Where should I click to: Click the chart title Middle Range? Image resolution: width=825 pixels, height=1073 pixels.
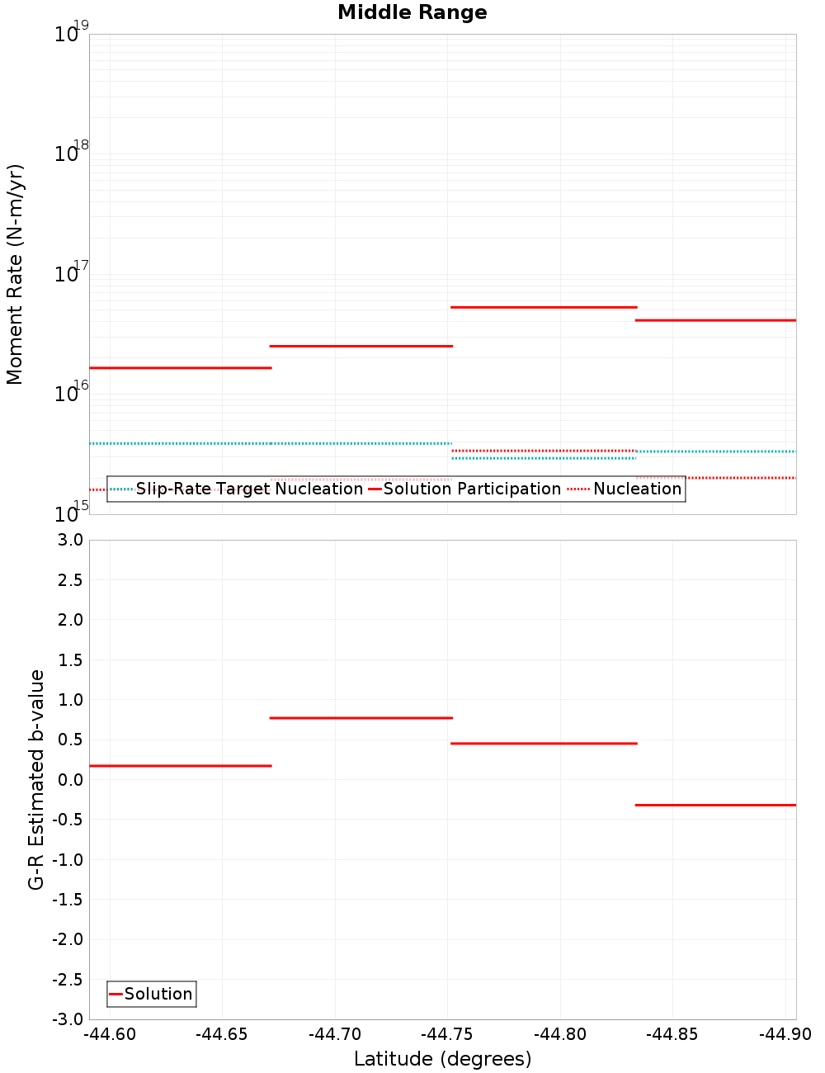point(412,12)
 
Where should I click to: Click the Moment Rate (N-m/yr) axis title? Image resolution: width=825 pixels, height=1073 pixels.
point(15,274)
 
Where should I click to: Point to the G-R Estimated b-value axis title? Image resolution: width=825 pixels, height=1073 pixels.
point(36,779)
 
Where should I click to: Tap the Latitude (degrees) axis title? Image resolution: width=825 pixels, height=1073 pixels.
point(442,1059)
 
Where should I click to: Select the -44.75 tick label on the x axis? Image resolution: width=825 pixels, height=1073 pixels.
point(448,1034)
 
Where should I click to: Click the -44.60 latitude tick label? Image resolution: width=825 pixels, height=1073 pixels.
point(111,1034)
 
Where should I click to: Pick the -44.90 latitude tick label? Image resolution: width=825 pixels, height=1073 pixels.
point(785,1034)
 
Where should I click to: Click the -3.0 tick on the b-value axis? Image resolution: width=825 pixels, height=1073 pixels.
point(68,1019)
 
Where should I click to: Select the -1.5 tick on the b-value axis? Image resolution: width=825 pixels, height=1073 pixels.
point(68,900)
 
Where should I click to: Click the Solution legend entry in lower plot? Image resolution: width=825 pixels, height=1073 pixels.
point(158,994)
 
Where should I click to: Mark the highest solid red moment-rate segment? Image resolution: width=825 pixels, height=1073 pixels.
point(544,307)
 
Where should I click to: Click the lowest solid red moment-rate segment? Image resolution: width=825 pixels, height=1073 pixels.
point(180,367)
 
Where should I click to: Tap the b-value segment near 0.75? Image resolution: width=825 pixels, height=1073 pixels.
point(361,718)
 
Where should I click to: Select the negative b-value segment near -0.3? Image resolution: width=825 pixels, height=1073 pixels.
point(715,805)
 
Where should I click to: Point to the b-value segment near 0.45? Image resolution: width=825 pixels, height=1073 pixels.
point(544,744)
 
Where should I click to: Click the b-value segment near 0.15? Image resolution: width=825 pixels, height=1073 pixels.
point(180,766)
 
